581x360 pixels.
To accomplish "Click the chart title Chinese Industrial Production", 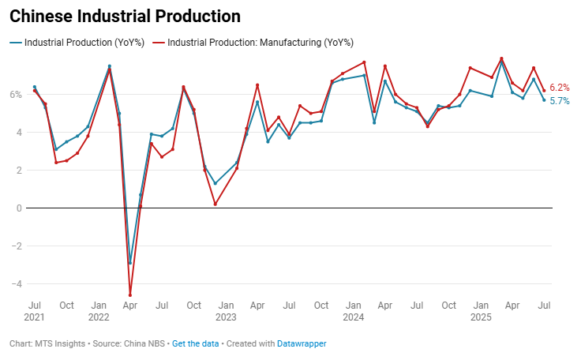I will [x=125, y=16].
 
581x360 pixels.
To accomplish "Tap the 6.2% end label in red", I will [x=560, y=88].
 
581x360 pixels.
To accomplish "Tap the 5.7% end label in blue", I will [x=560, y=101].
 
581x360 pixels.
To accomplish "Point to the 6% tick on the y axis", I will [x=17, y=95].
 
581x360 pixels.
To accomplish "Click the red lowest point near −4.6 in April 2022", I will [x=130, y=295].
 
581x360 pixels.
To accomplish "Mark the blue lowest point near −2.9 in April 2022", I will [x=130, y=263].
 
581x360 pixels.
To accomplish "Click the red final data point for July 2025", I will [x=544, y=90].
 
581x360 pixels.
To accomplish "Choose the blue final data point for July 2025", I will [x=544, y=99].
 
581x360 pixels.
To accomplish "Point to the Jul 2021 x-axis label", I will [x=35, y=310].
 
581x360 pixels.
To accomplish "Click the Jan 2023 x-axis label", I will [x=226, y=310].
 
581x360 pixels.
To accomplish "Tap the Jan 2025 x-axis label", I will [x=481, y=310].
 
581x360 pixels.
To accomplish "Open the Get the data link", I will [x=197, y=344].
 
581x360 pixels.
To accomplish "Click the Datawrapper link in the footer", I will [x=302, y=344].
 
